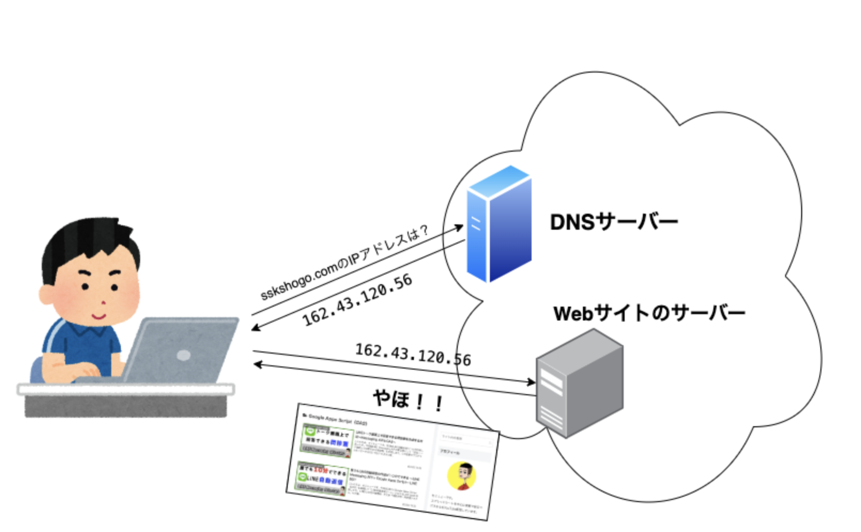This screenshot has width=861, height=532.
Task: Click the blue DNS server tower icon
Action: tap(498, 224)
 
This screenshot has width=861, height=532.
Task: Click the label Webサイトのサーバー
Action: tap(649, 313)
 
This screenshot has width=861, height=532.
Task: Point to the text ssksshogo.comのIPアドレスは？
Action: tap(344, 263)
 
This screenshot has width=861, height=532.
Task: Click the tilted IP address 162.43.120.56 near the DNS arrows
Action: tap(357, 300)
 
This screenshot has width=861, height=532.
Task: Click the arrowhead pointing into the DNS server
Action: tap(459, 227)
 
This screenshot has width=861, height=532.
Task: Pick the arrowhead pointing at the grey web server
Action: tap(531, 382)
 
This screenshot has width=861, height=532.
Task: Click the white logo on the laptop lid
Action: tap(183, 355)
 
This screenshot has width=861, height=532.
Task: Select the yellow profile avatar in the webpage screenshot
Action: tap(462, 476)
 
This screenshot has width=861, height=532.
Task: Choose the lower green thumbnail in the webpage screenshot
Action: tap(322, 478)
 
